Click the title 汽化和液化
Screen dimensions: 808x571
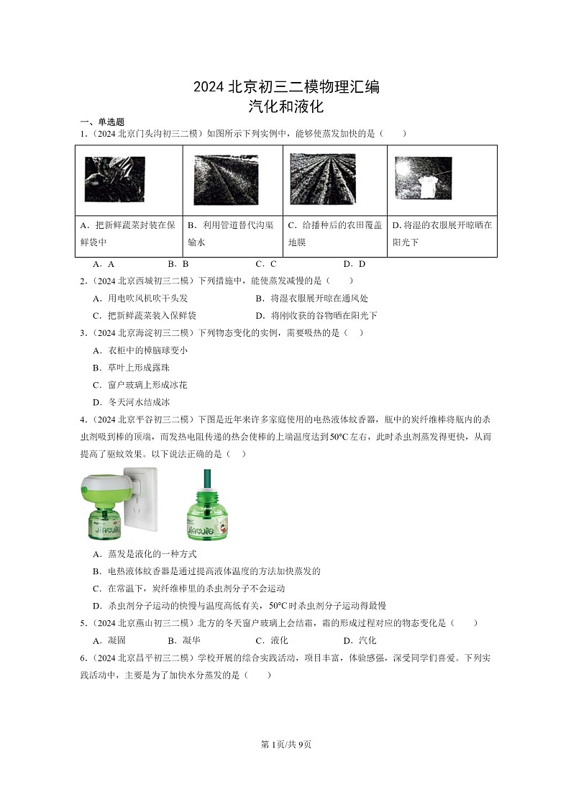click(x=285, y=107)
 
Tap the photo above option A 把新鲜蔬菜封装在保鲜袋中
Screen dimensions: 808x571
click(x=114, y=179)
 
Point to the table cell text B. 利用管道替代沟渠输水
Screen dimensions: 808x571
click(x=231, y=233)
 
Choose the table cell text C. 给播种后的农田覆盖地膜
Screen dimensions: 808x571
click(x=334, y=233)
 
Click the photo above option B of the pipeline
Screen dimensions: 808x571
click(x=225, y=180)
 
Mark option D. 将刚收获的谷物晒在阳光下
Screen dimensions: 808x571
click(x=316, y=315)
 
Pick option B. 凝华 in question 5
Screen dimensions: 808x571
click(x=183, y=640)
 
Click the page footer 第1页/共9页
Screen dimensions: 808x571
click(x=285, y=744)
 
